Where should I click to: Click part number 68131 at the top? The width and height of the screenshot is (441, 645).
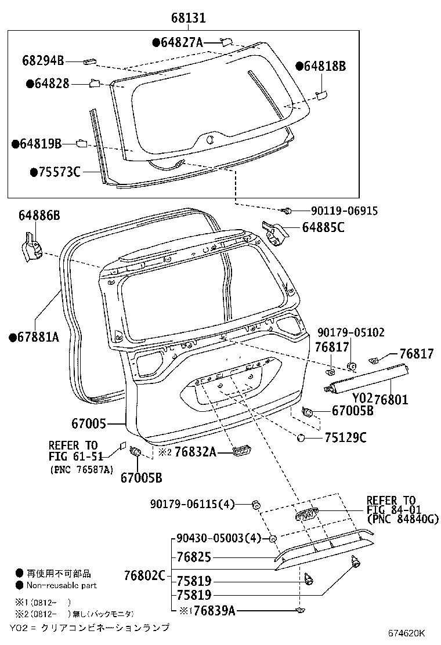188,19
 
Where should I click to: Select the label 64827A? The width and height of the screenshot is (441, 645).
182,42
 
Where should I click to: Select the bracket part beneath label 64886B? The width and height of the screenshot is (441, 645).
30,248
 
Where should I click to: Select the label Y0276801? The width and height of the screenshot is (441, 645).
380,400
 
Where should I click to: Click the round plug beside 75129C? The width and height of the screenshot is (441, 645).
301,437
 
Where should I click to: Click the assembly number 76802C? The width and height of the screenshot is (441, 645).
144,575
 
